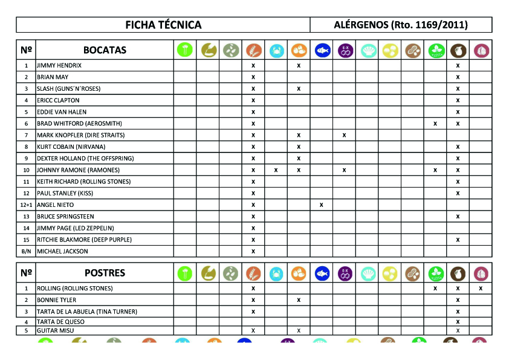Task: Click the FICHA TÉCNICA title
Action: coord(163,25)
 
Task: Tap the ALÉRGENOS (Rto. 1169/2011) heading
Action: coord(401,25)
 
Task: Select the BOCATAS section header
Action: coord(105,50)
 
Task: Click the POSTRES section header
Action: coord(105,273)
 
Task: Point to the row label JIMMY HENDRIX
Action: coord(59,65)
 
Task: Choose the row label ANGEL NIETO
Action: coord(55,205)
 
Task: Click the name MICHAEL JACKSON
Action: coord(62,251)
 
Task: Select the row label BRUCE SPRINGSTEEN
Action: coord(65,217)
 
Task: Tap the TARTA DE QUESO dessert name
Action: coord(60,322)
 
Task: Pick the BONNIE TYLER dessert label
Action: coord(56,300)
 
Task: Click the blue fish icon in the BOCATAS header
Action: coord(322,50)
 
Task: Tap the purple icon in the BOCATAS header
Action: coord(345,50)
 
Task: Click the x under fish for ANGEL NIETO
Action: coord(322,205)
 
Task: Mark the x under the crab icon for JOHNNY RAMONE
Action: coord(276,170)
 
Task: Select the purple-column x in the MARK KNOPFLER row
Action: coord(344,135)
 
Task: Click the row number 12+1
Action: coord(26,205)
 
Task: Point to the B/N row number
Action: coord(26,251)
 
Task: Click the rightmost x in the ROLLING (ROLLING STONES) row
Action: coord(481,289)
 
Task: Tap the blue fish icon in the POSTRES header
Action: coord(322,273)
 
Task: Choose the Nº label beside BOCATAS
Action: coord(26,50)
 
